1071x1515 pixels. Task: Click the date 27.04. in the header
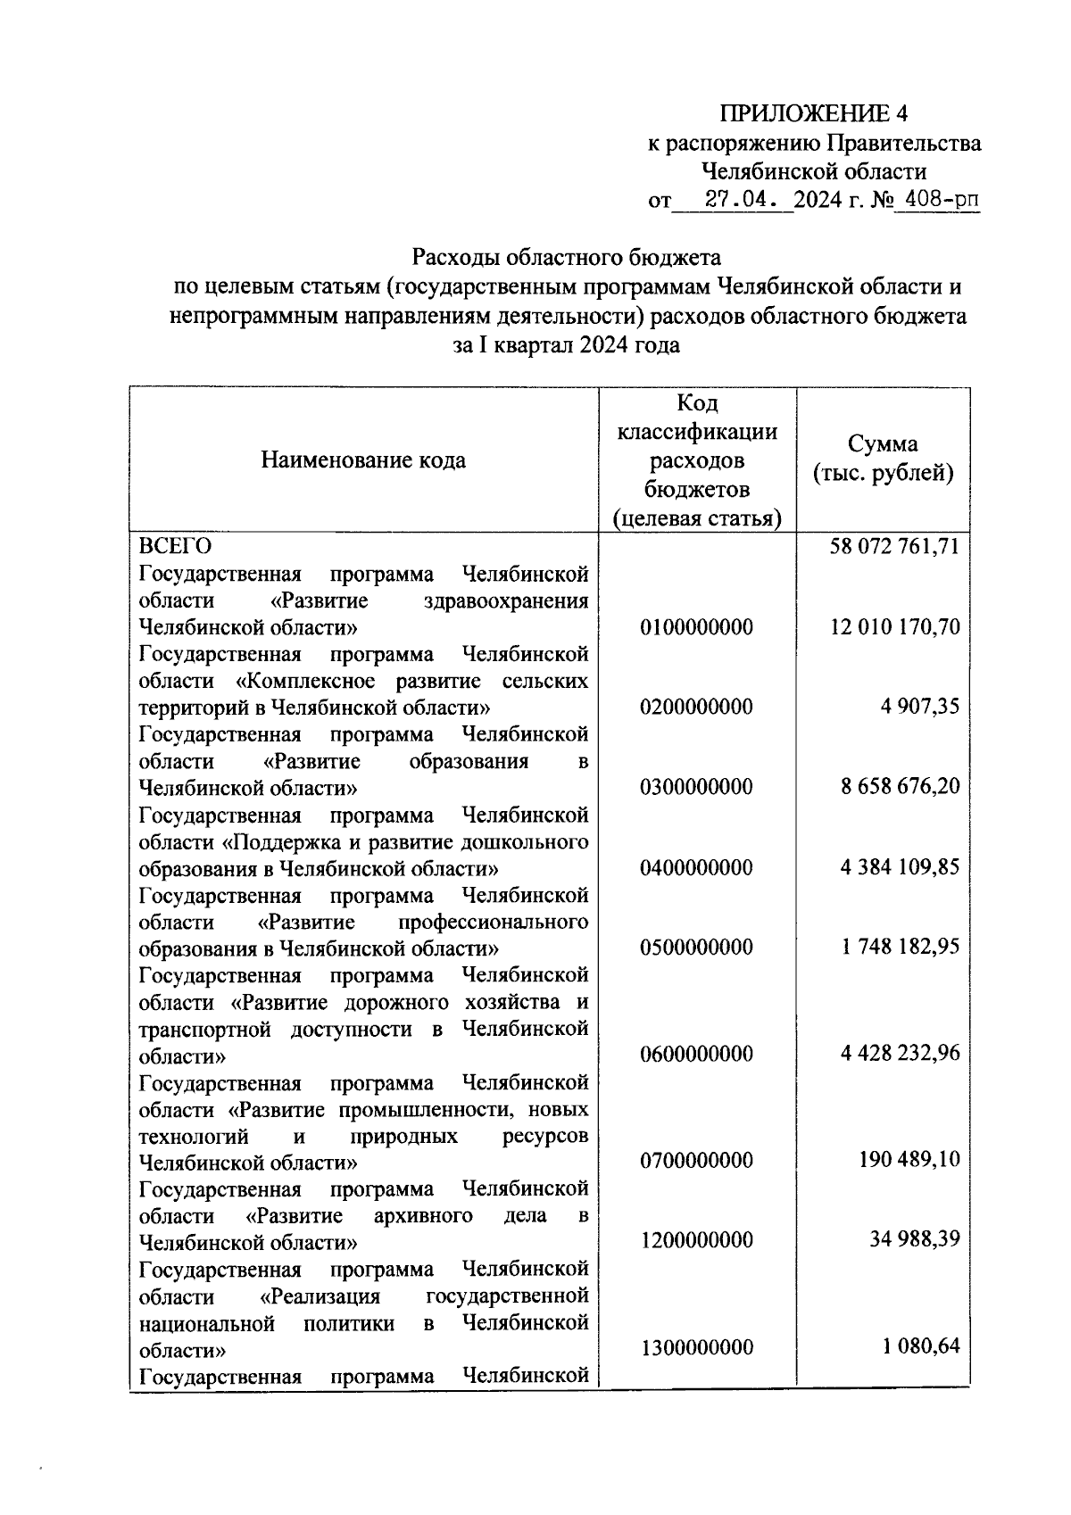[737, 200]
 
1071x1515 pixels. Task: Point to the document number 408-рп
[941, 200]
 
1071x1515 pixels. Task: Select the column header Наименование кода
[363, 460]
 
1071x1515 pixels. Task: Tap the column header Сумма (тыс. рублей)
[883, 459]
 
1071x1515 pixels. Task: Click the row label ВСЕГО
[175, 546]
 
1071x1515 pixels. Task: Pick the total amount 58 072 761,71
[895, 546]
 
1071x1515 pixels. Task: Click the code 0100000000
[696, 627]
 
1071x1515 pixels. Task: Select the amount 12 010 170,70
[895, 627]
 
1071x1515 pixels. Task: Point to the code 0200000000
[696, 708]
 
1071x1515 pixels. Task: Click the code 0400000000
[696, 867]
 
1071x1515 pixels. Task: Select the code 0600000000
[696, 1054]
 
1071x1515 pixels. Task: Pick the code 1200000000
[696, 1240]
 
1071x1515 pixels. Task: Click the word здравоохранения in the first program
[505, 600]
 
